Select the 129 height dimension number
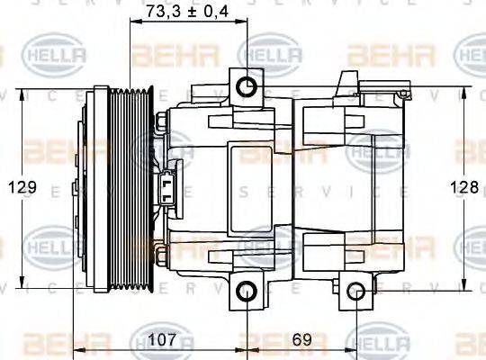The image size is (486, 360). [25, 187]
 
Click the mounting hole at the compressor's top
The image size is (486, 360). [245, 86]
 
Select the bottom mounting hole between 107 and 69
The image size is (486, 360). [245, 291]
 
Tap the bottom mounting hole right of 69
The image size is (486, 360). [357, 291]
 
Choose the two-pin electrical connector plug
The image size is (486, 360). [167, 187]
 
